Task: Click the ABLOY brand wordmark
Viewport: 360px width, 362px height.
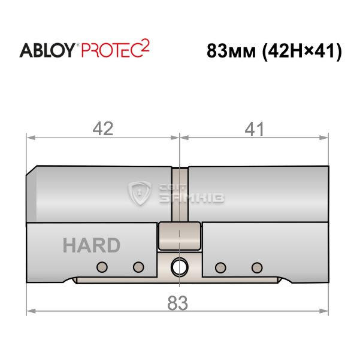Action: [47, 50]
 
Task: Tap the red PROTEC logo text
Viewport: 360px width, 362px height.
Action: [111, 50]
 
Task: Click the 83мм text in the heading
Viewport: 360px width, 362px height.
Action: [231, 51]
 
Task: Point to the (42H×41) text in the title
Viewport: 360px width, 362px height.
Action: [301, 51]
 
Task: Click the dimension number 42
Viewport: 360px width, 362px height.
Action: [103, 129]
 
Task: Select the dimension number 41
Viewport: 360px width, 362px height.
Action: [254, 129]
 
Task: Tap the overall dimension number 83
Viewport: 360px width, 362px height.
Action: [177, 303]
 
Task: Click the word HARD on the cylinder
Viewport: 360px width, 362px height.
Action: [92, 245]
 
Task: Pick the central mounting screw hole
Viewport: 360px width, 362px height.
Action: [179, 267]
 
